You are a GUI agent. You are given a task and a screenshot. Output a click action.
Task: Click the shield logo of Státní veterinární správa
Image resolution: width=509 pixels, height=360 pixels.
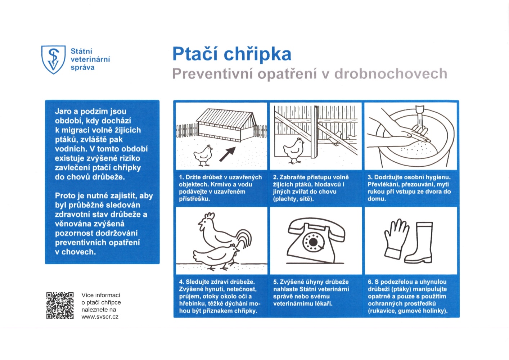tap(53, 59)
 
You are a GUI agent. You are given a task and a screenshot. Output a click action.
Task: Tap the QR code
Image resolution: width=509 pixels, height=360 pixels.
tap(60, 306)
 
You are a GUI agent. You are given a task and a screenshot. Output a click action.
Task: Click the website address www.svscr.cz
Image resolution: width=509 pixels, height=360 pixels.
tap(100, 317)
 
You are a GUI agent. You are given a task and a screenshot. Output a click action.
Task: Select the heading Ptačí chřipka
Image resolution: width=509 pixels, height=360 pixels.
tap(231, 54)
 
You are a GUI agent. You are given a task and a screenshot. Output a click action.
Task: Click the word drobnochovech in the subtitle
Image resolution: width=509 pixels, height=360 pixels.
tap(391, 74)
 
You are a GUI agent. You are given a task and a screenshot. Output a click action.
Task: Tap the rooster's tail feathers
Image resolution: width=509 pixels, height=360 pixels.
tap(245, 239)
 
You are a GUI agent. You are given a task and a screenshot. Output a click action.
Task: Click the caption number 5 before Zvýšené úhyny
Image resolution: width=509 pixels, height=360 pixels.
tap(275, 282)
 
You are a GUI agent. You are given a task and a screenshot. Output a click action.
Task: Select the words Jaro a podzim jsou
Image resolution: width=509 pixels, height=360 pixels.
tap(90, 111)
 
